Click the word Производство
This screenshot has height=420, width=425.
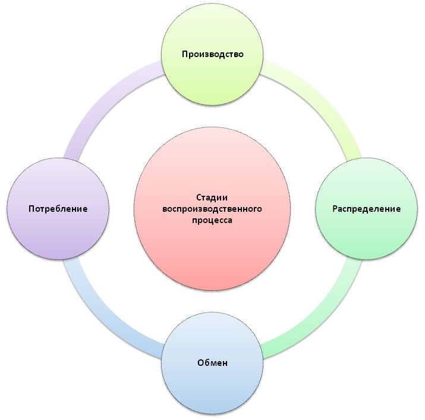213,54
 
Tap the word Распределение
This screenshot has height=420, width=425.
366,209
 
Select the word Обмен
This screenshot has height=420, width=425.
213,362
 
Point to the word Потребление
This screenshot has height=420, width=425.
58,209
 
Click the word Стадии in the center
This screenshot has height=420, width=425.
212,198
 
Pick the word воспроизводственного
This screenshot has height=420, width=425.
212,209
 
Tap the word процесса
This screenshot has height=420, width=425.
212,220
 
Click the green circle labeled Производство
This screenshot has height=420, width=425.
213,77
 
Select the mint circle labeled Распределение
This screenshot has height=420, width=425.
366,235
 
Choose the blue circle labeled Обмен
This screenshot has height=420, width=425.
213,387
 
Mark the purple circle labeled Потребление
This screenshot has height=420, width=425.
58,235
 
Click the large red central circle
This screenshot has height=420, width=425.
212,250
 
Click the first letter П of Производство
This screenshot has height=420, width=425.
185,54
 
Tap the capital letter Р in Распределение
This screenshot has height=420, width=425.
335,209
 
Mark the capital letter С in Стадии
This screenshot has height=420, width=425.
199,198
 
